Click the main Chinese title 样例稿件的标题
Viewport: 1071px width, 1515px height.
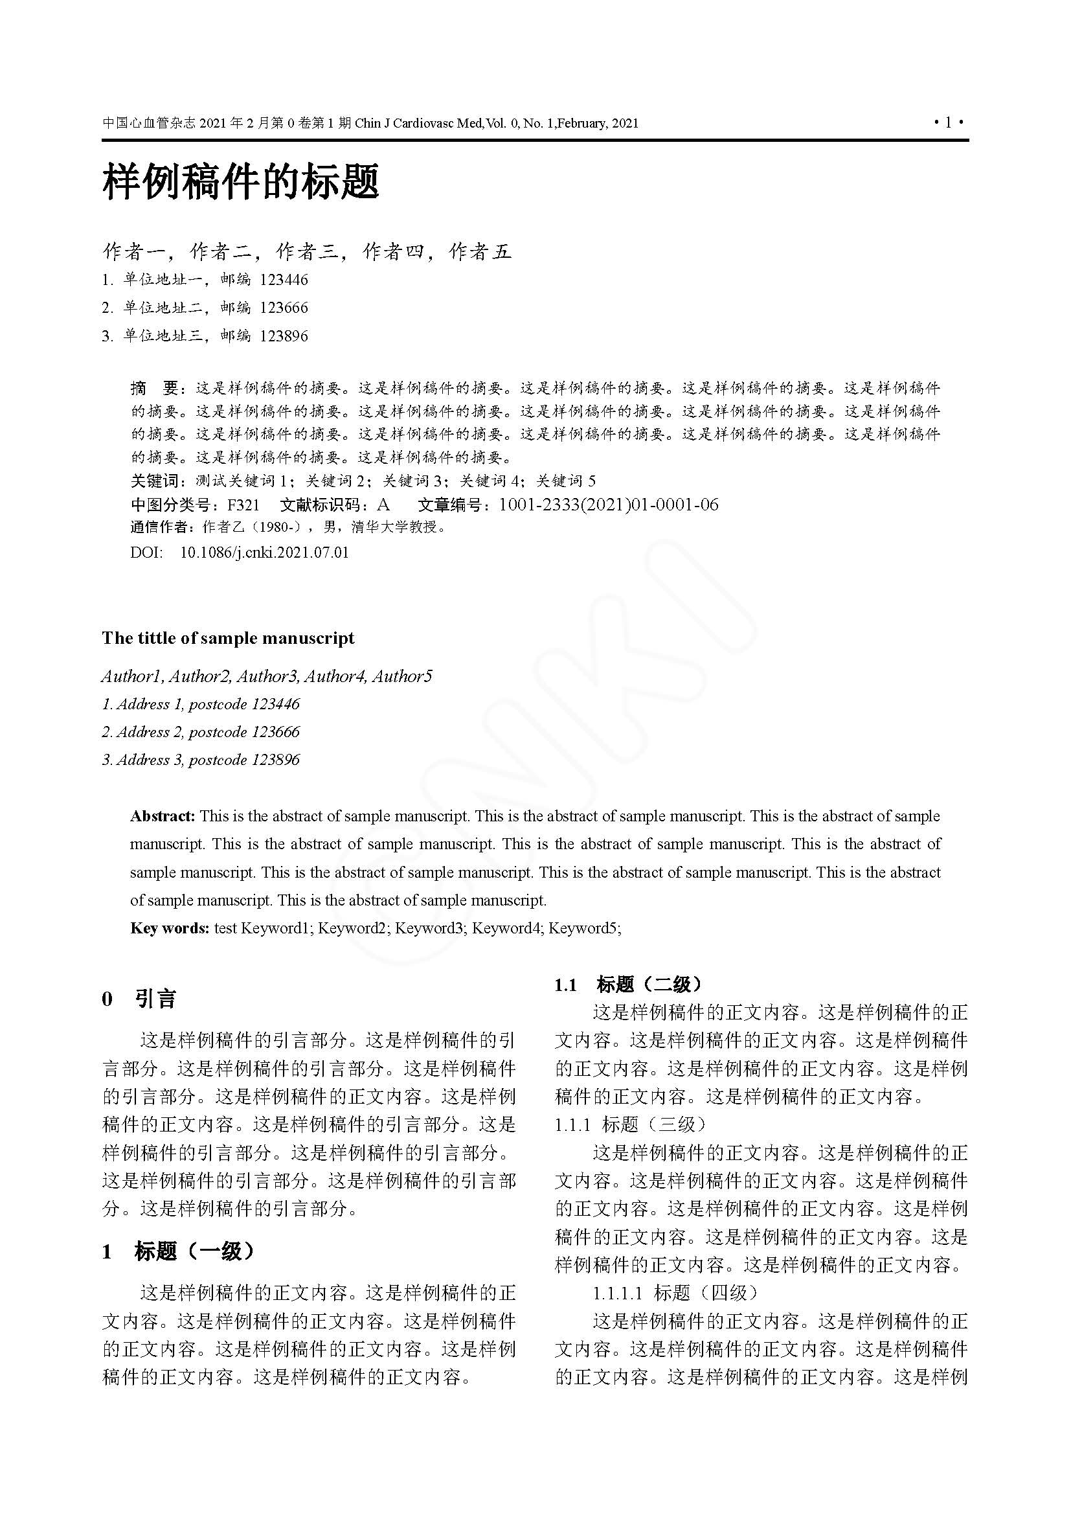click(x=241, y=182)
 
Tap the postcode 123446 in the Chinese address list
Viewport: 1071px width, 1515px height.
click(x=284, y=280)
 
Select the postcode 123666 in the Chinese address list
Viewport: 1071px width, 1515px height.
click(x=284, y=308)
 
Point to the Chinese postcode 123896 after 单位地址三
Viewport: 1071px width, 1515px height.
click(x=284, y=336)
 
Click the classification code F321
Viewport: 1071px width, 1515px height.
click(x=243, y=505)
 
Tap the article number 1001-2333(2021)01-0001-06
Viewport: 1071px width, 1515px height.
click(x=608, y=505)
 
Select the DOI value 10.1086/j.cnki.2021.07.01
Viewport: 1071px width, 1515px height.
click(x=264, y=552)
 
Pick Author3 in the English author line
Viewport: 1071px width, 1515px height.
click(x=267, y=676)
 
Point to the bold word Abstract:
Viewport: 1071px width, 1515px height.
click(x=163, y=816)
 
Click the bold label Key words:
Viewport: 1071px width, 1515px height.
click(x=170, y=928)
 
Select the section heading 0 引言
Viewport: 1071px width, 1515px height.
click(x=139, y=999)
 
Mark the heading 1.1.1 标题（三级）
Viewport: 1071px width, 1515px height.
click(x=631, y=1124)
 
